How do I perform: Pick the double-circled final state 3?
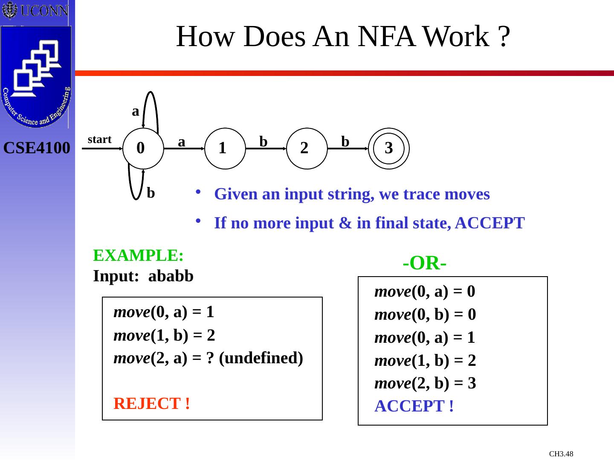pyautogui.click(x=389, y=149)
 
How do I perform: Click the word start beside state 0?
pyautogui.click(x=99, y=140)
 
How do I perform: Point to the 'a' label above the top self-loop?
pyautogui.click(x=136, y=111)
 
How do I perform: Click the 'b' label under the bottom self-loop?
pyautogui.click(x=151, y=193)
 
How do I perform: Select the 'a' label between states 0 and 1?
pyautogui.click(x=182, y=142)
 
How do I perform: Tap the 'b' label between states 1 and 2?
pyautogui.click(x=264, y=142)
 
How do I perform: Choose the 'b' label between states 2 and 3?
pyautogui.click(x=345, y=142)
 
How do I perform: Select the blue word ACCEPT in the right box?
pyautogui.click(x=414, y=406)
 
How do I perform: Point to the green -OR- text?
pyautogui.click(x=424, y=264)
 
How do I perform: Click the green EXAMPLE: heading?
pyautogui.click(x=139, y=256)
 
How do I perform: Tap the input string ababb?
pyautogui.click(x=171, y=276)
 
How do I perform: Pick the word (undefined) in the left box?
pyautogui.click(x=261, y=358)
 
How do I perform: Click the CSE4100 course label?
pyautogui.click(x=37, y=148)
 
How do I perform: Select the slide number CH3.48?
pyautogui.click(x=561, y=454)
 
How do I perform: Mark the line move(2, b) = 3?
pyautogui.click(x=425, y=383)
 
